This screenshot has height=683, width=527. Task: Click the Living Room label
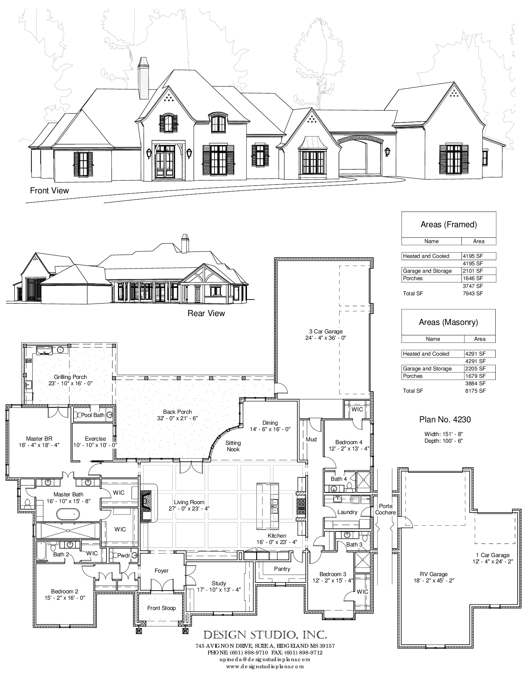click(189, 502)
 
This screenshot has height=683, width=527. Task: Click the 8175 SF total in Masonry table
click(475, 391)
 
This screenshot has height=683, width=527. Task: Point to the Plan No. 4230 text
click(445, 419)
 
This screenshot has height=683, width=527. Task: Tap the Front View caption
click(49, 191)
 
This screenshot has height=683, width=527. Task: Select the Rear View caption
click(206, 313)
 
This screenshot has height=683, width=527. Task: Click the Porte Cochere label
click(385, 509)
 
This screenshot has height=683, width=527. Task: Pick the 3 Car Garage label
click(325, 331)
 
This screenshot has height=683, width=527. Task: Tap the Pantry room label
click(282, 569)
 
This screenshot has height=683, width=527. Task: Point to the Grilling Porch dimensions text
click(70, 383)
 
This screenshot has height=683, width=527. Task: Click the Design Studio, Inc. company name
click(265, 635)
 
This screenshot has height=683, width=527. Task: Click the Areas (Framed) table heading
click(448, 224)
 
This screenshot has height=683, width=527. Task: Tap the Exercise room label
click(95, 439)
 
